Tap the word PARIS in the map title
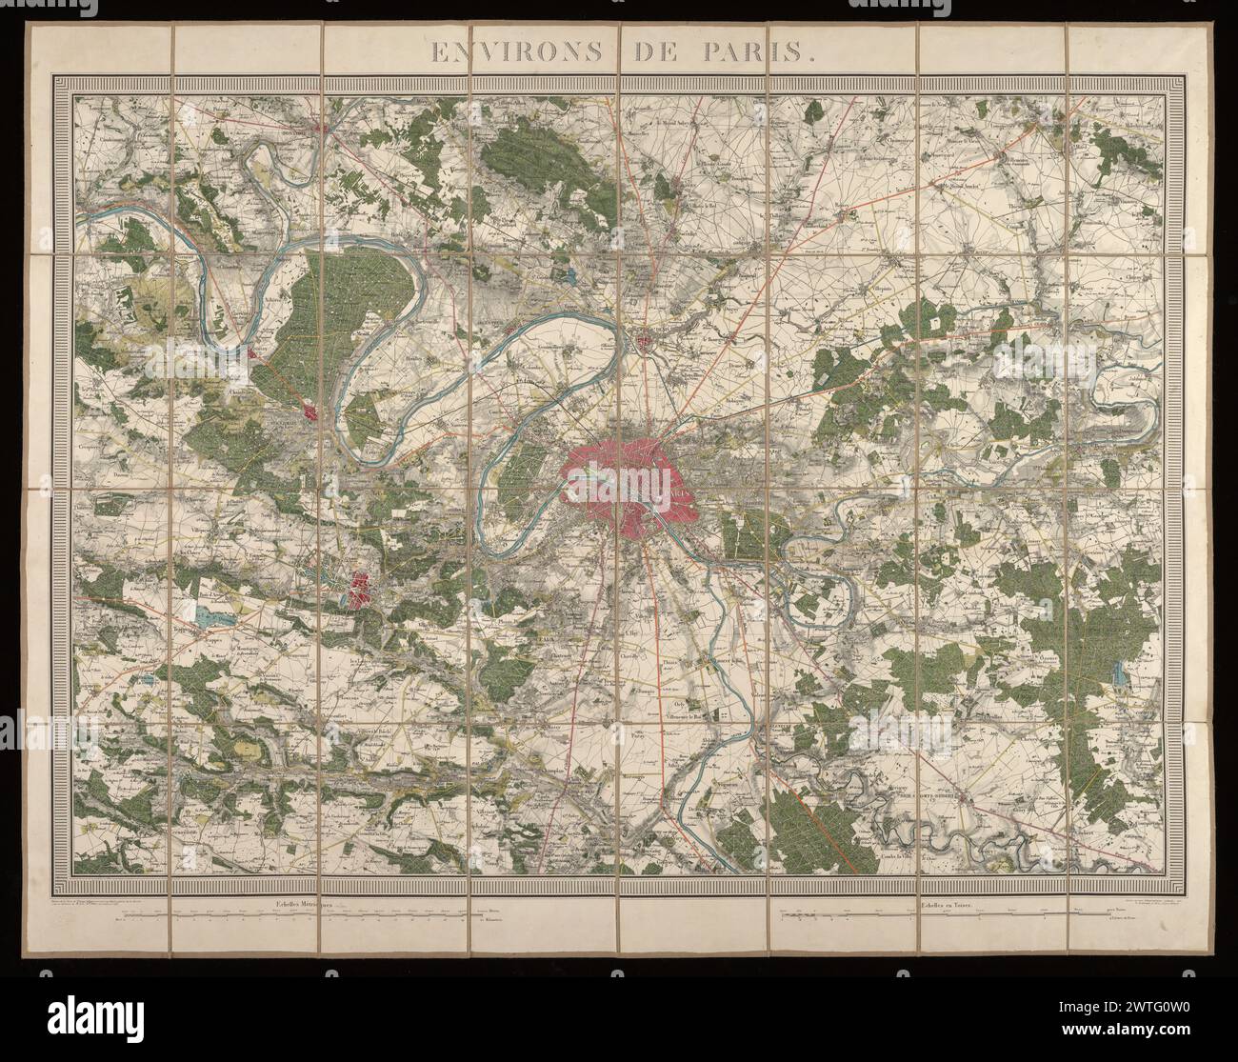pos(761,52)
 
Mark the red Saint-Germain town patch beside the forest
pos(310,411)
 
